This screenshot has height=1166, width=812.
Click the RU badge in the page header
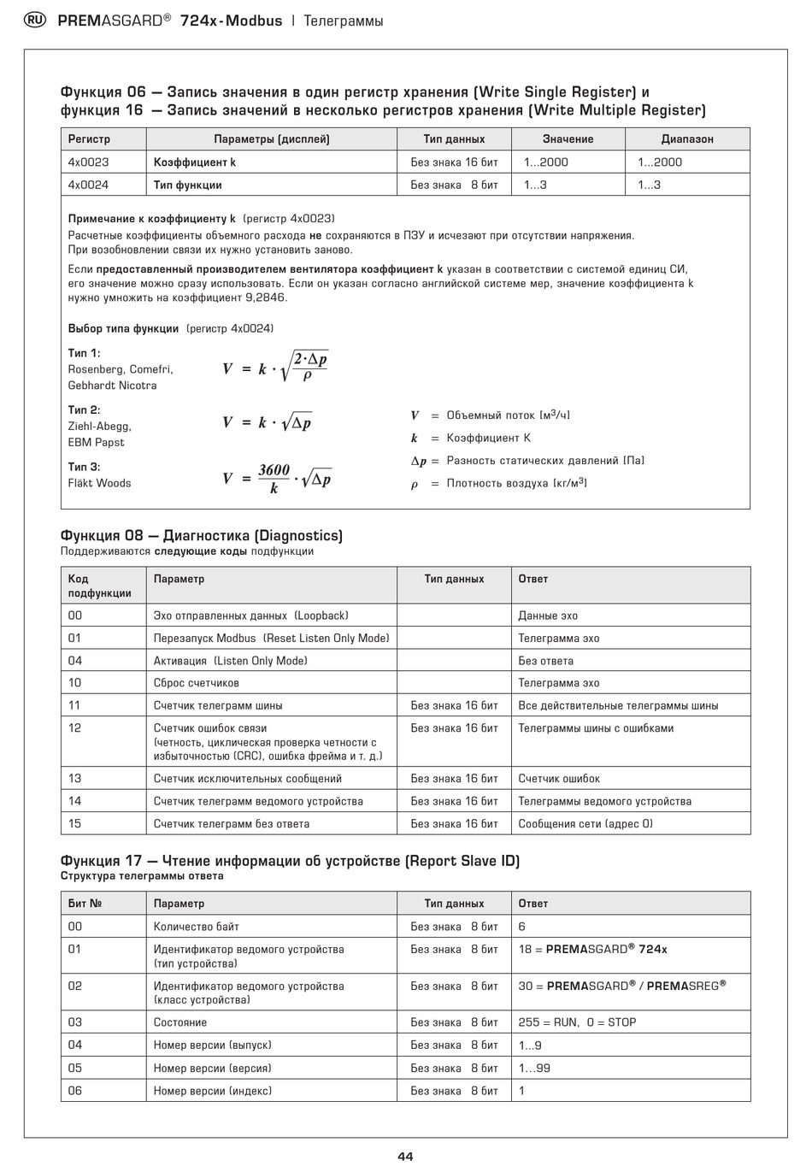point(36,21)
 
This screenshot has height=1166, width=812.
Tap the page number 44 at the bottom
point(405,1156)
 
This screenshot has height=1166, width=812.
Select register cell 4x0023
point(89,162)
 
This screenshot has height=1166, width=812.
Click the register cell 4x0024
point(89,185)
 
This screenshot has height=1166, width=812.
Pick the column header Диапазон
point(687,139)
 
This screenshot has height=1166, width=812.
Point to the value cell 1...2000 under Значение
point(546,162)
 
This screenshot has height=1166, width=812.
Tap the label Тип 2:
point(84,410)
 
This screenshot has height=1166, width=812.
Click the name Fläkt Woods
point(99,483)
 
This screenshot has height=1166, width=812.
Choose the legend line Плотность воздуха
point(516,484)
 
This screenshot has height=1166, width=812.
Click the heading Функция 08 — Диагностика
point(201,536)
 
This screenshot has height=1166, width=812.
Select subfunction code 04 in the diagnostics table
point(75,661)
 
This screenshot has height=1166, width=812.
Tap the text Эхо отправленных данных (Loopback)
point(250,615)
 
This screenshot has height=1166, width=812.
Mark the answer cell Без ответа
point(545,661)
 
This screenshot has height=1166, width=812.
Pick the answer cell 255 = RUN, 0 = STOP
point(577,1022)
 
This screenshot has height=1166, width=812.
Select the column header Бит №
point(85,904)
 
